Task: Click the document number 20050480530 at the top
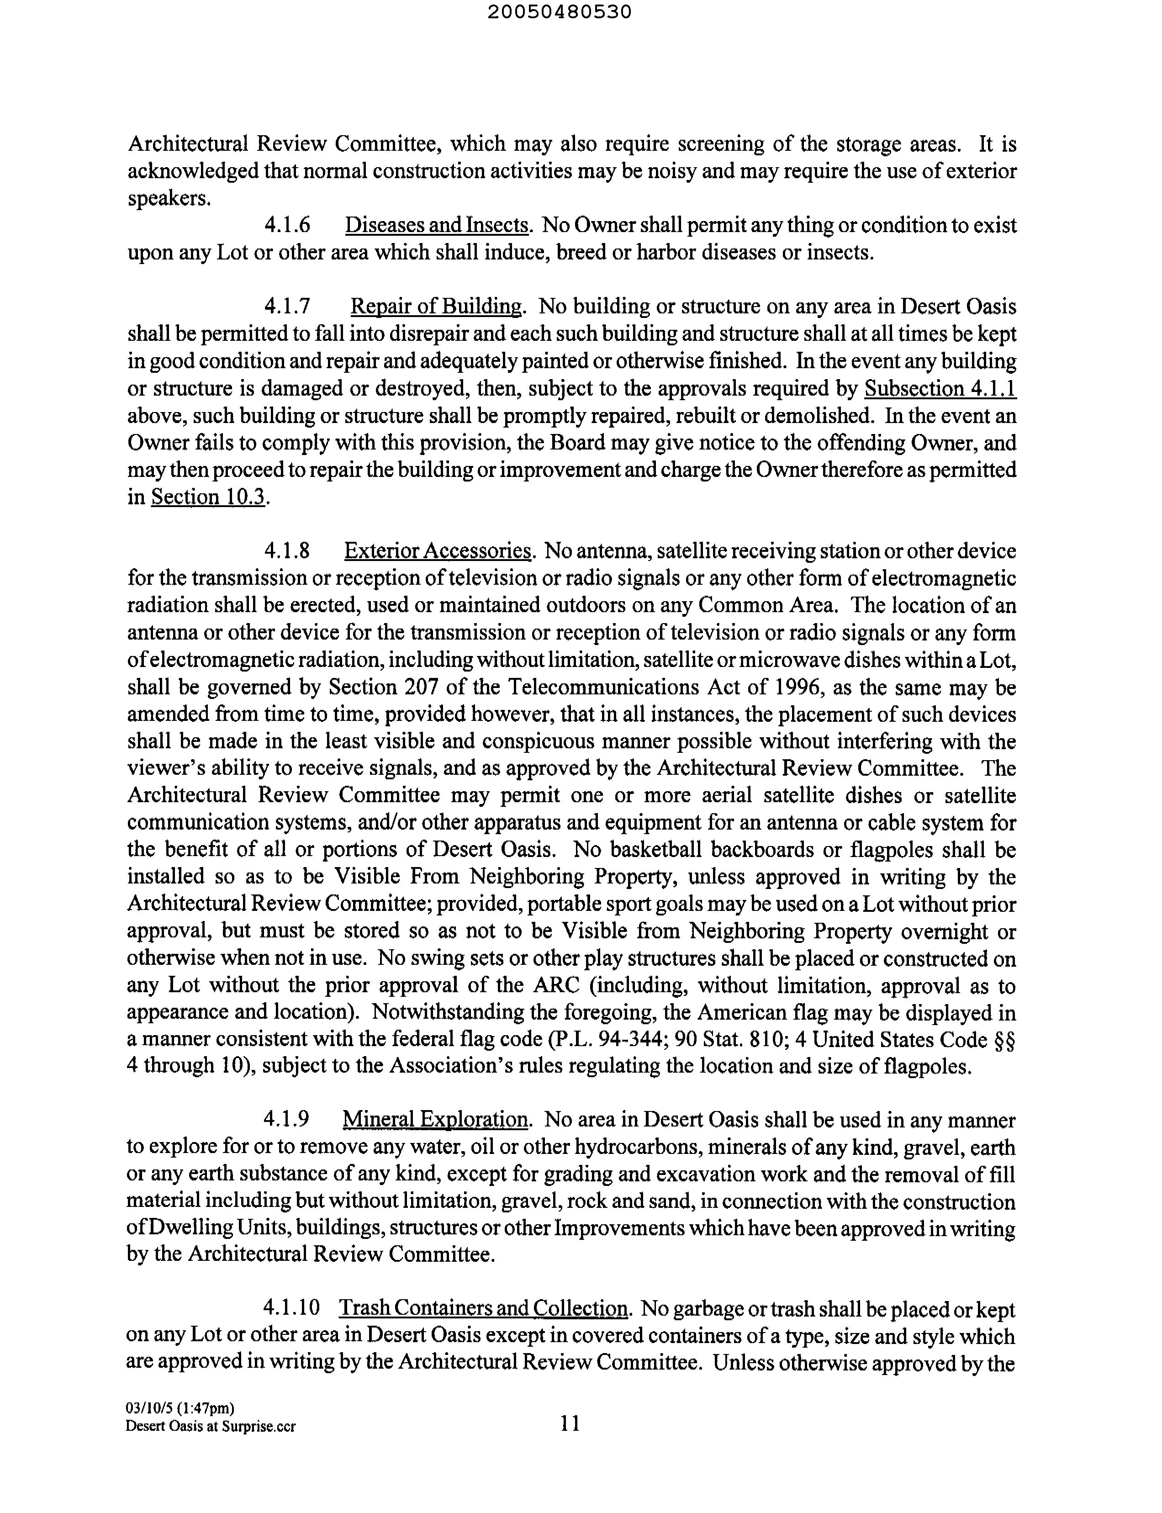tap(559, 12)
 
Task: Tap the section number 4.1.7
tap(287, 307)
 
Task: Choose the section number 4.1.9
tap(286, 1120)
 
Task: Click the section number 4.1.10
tap(292, 1308)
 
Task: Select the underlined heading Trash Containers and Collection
tap(483, 1308)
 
